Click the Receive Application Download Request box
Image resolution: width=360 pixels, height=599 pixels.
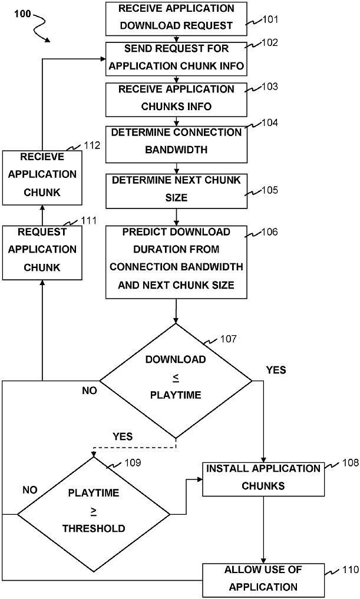(176, 18)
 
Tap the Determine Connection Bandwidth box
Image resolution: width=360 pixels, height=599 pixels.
(176, 141)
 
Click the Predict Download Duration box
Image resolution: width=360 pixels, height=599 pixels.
(176, 259)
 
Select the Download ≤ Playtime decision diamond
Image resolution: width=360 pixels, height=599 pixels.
(176, 380)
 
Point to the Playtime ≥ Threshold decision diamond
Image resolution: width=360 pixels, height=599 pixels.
(94, 513)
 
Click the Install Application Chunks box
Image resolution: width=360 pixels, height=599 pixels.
(263, 478)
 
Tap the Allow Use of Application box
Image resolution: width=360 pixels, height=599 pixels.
(263, 578)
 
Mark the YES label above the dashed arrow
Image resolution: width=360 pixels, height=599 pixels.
(122, 436)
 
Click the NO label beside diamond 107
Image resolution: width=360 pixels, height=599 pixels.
(89, 390)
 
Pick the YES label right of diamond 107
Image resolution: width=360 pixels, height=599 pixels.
(276, 370)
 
